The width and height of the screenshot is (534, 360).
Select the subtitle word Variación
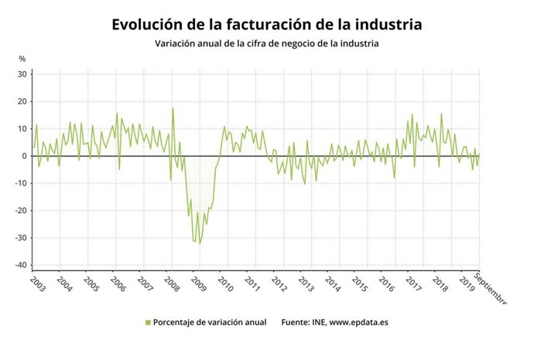point(180,44)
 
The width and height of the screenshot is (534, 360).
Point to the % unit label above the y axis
point(22,59)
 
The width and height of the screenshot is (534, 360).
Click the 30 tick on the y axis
point(22,74)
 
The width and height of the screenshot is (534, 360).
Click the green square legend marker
point(148,322)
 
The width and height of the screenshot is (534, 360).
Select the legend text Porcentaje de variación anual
point(209,322)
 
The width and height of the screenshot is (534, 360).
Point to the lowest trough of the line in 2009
point(199,243)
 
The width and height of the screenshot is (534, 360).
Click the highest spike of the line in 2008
point(173,108)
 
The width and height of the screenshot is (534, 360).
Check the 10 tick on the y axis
point(22,129)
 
